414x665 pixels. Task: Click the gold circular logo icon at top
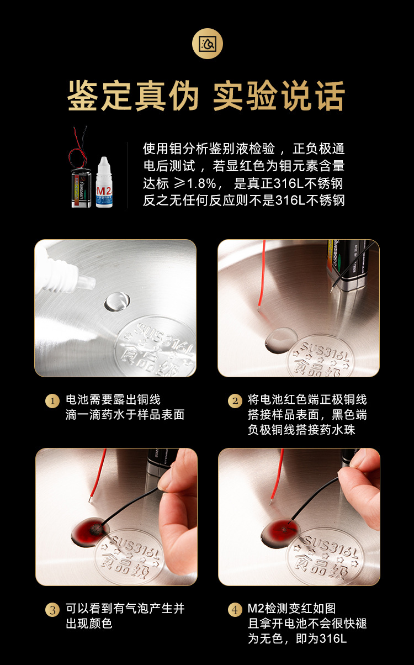207,43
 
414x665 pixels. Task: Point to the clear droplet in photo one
117,301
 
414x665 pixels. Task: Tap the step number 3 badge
52,610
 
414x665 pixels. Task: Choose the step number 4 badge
235,610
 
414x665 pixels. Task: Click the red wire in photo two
261,276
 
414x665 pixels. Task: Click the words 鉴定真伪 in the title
132,97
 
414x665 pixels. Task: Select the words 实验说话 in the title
280,97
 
